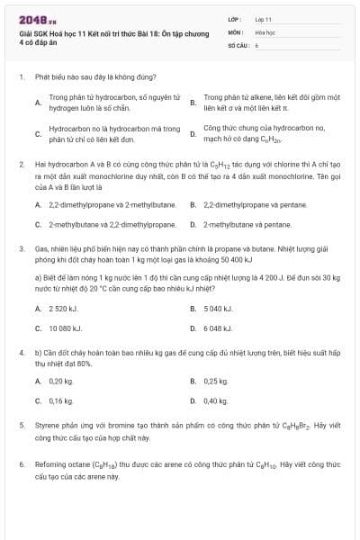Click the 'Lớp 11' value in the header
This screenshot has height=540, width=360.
click(263, 18)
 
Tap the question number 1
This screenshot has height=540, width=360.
click(20, 77)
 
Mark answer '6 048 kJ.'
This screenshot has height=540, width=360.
click(219, 328)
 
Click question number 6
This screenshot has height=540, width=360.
click(20, 465)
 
